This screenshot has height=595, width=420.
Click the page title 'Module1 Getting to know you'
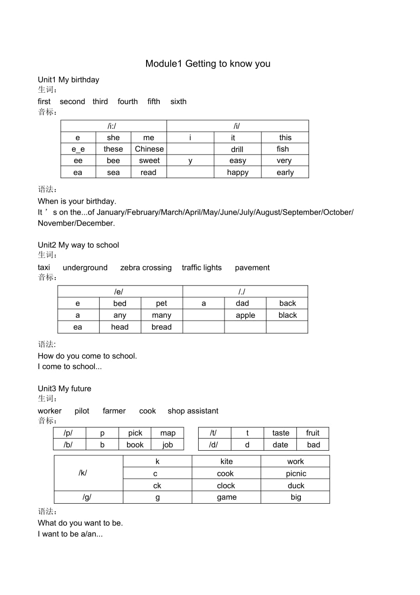(x=208, y=63)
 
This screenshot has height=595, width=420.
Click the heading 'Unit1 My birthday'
(x=68, y=80)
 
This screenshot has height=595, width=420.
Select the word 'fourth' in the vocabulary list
(x=127, y=101)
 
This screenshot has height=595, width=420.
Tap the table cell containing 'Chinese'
(x=149, y=149)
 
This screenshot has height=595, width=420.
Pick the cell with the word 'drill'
(x=237, y=149)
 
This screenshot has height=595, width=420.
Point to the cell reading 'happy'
(x=237, y=173)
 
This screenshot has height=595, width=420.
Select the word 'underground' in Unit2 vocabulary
(x=85, y=268)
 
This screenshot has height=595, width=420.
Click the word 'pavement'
(x=252, y=268)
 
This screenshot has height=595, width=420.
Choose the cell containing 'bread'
(x=162, y=327)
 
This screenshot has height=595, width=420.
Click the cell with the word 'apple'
(x=245, y=315)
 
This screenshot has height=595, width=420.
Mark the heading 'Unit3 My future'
(x=64, y=389)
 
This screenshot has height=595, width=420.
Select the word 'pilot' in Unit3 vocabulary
(x=82, y=411)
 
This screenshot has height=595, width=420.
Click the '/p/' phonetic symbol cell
(x=69, y=433)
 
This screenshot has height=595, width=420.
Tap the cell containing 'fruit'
(x=313, y=433)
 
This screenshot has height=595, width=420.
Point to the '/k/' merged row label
(x=83, y=473)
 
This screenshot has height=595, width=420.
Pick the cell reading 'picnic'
(x=296, y=474)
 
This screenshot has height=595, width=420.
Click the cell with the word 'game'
(x=226, y=497)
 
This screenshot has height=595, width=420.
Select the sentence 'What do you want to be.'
(x=80, y=523)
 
